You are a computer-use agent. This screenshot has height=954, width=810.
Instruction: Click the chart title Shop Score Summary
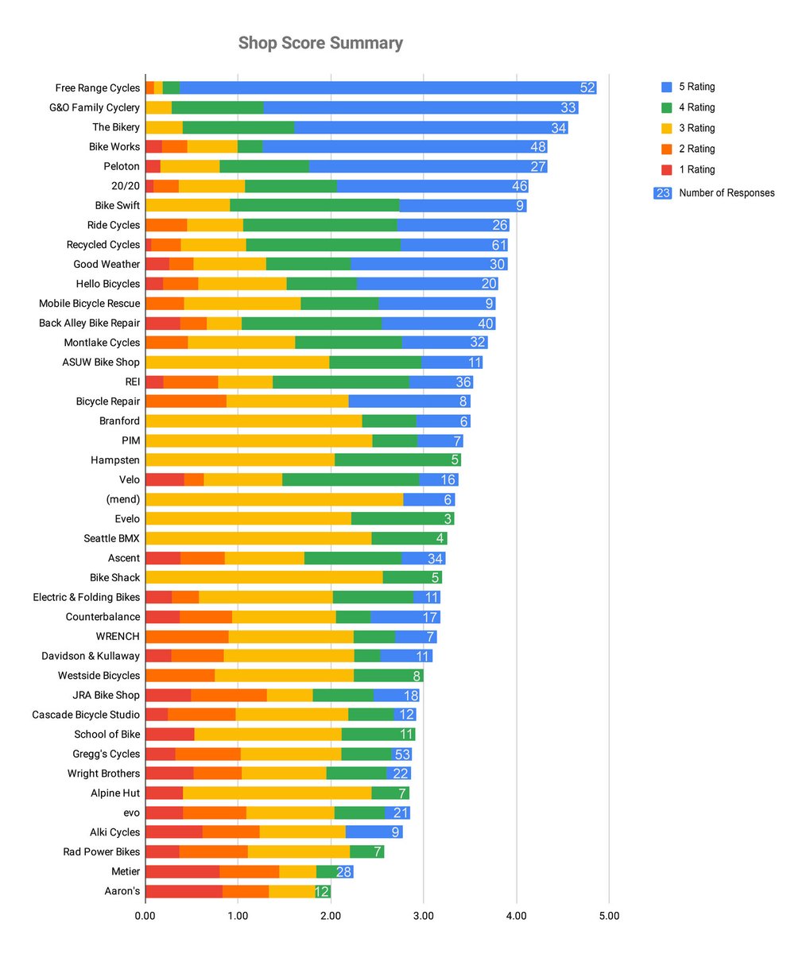coord(320,43)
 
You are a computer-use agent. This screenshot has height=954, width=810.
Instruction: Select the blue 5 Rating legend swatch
coord(668,87)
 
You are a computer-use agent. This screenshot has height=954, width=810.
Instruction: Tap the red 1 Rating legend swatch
coord(668,169)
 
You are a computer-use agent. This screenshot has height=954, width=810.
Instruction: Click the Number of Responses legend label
coord(727,192)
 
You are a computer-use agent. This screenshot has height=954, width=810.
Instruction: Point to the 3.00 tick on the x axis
coord(423,917)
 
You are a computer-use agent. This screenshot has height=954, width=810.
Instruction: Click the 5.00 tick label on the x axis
coord(608,917)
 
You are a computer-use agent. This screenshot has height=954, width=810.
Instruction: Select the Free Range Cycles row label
coord(97,88)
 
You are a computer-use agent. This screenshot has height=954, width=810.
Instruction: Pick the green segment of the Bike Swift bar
coord(314,206)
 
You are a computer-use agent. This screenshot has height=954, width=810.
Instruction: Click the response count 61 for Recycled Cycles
coord(498,245)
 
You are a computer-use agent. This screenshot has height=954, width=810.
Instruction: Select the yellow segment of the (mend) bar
coord(274,499)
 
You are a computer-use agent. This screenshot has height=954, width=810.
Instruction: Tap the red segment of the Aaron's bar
coord(184,891)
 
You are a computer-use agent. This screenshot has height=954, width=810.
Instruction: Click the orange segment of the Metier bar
coord(250,871)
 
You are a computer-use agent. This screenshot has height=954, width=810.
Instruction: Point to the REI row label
coord(132,382)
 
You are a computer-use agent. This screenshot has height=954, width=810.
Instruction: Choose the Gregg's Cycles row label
coord(107,754)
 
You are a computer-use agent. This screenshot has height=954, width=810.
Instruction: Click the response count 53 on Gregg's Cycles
coord(402,754)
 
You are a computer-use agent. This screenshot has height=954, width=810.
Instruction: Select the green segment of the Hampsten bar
coord(397,460)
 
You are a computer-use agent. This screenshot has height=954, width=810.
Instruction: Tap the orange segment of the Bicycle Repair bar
coord(186,401)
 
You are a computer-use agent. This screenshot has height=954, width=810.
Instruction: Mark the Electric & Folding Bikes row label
coord(86,597)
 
